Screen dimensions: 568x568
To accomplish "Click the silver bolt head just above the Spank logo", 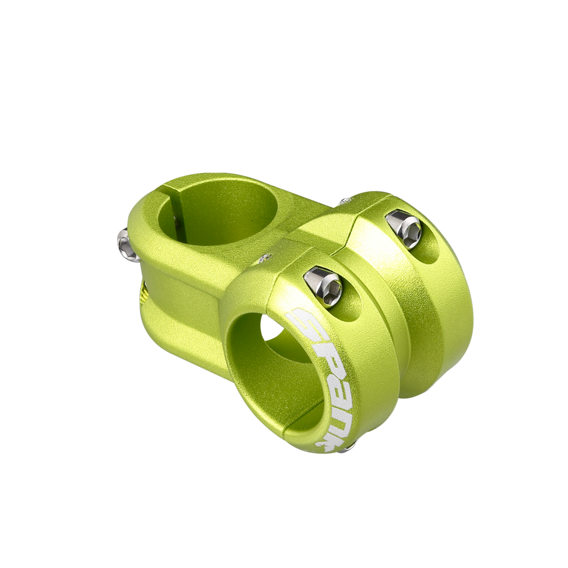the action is point(323,287).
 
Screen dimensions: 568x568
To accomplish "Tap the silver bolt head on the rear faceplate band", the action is point(404,231).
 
